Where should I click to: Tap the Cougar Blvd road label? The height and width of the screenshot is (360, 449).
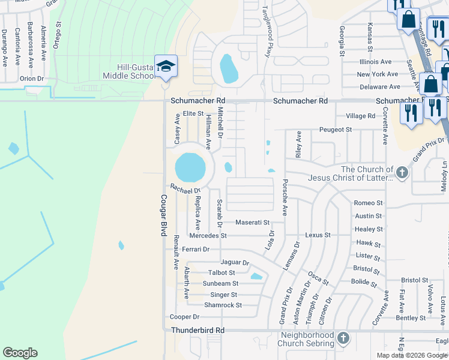(163, 215)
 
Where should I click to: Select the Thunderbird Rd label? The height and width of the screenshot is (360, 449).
(197, 330)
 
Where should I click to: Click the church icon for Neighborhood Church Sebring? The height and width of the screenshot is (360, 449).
(343, 338)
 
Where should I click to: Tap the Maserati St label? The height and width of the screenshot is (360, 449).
(252, 223)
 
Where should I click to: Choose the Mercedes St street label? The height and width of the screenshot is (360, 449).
(207, 236)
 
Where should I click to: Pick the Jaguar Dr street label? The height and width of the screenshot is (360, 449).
(235, 262)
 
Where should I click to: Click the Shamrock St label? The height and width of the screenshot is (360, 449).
(223, 305)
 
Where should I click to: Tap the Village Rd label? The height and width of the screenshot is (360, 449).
(360, 116)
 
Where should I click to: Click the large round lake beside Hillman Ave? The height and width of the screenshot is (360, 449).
(190, 167)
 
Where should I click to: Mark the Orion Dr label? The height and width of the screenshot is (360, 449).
(32, 78)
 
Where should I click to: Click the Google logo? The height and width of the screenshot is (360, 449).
(20, 353)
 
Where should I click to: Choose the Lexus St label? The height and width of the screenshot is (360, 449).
(318, 235)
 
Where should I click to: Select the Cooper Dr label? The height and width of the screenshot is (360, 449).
(184, 317)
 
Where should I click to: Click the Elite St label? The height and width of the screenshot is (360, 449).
(193, 113)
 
